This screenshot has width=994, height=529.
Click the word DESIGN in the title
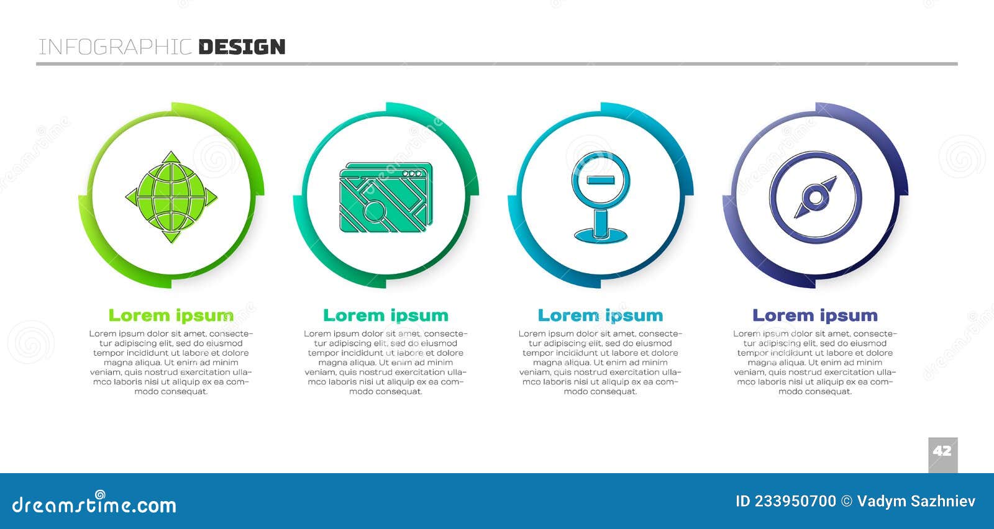[x=242, y=47]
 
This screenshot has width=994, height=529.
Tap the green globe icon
[x=171, y=197]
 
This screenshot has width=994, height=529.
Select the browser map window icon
[x=386, y=197]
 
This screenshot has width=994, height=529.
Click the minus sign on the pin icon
[x=601, y=180]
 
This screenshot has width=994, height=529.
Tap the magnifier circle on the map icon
[x=374, y=210]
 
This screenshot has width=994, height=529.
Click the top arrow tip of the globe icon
[x=171, y=152]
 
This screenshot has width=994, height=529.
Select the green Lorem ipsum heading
[x=171, y=315]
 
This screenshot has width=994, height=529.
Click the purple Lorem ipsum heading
[x=815, y=315]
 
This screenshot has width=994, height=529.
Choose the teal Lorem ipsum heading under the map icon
[x=386, y=315]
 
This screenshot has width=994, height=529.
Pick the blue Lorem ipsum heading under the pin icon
[x=600, y=315]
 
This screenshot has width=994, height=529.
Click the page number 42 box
[x=943, y=455]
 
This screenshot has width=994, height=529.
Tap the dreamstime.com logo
[x=94, y=504]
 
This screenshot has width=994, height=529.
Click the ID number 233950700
[x=795, y=501]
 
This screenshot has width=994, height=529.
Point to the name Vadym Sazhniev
[x=916, y=502]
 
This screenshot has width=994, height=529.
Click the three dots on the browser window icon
[x=413, y=173]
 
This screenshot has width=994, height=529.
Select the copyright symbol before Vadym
[x=847, y=501]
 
